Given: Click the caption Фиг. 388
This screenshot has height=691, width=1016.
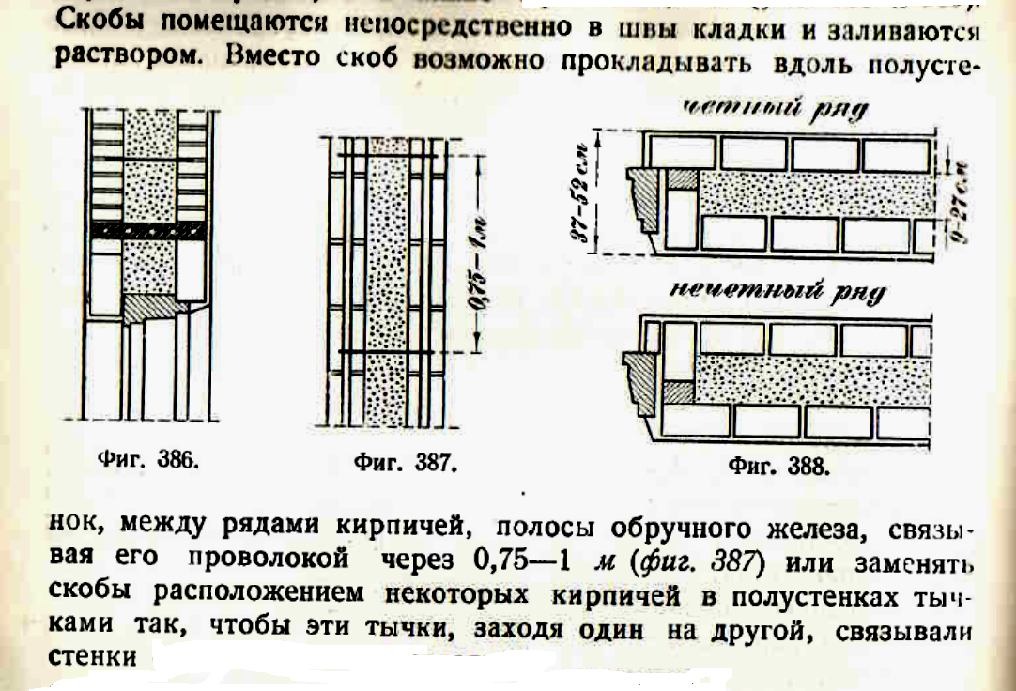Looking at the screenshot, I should tap(778, 465).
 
